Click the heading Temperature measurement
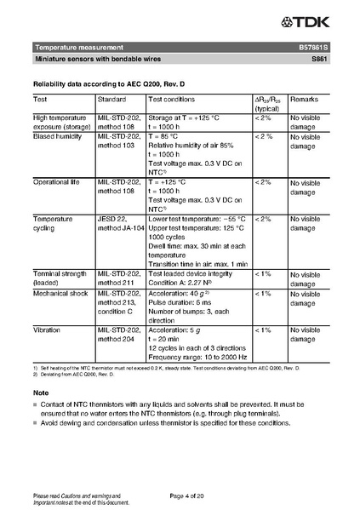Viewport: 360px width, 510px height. [78, 47]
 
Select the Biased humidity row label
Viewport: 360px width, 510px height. [56, 136]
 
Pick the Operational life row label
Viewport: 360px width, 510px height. [56, 182]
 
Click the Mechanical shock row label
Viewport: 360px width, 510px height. [60, 293]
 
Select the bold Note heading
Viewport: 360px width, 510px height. [40, 392]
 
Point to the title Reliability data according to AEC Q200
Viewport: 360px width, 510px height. [105, 84]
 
